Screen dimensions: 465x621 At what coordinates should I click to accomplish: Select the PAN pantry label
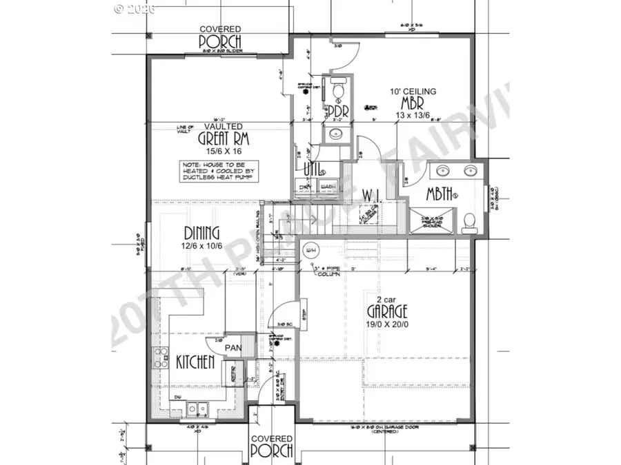pos(232,349)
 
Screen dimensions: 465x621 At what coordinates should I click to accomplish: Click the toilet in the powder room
pos(338,89)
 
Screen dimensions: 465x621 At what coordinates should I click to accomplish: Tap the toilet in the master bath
pos(469,221)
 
